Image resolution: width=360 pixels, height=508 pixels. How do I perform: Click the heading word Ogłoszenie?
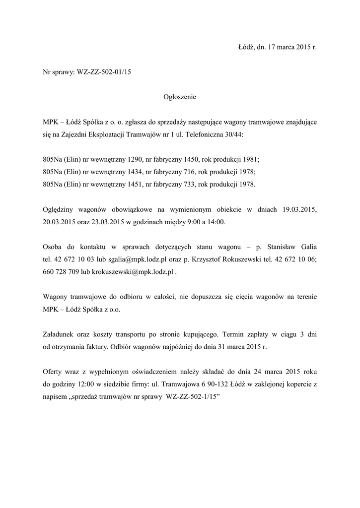(180, 97)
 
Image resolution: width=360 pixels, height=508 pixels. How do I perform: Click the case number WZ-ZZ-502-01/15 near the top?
(104, 72)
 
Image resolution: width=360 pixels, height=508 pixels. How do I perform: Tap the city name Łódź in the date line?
(246, 48)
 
